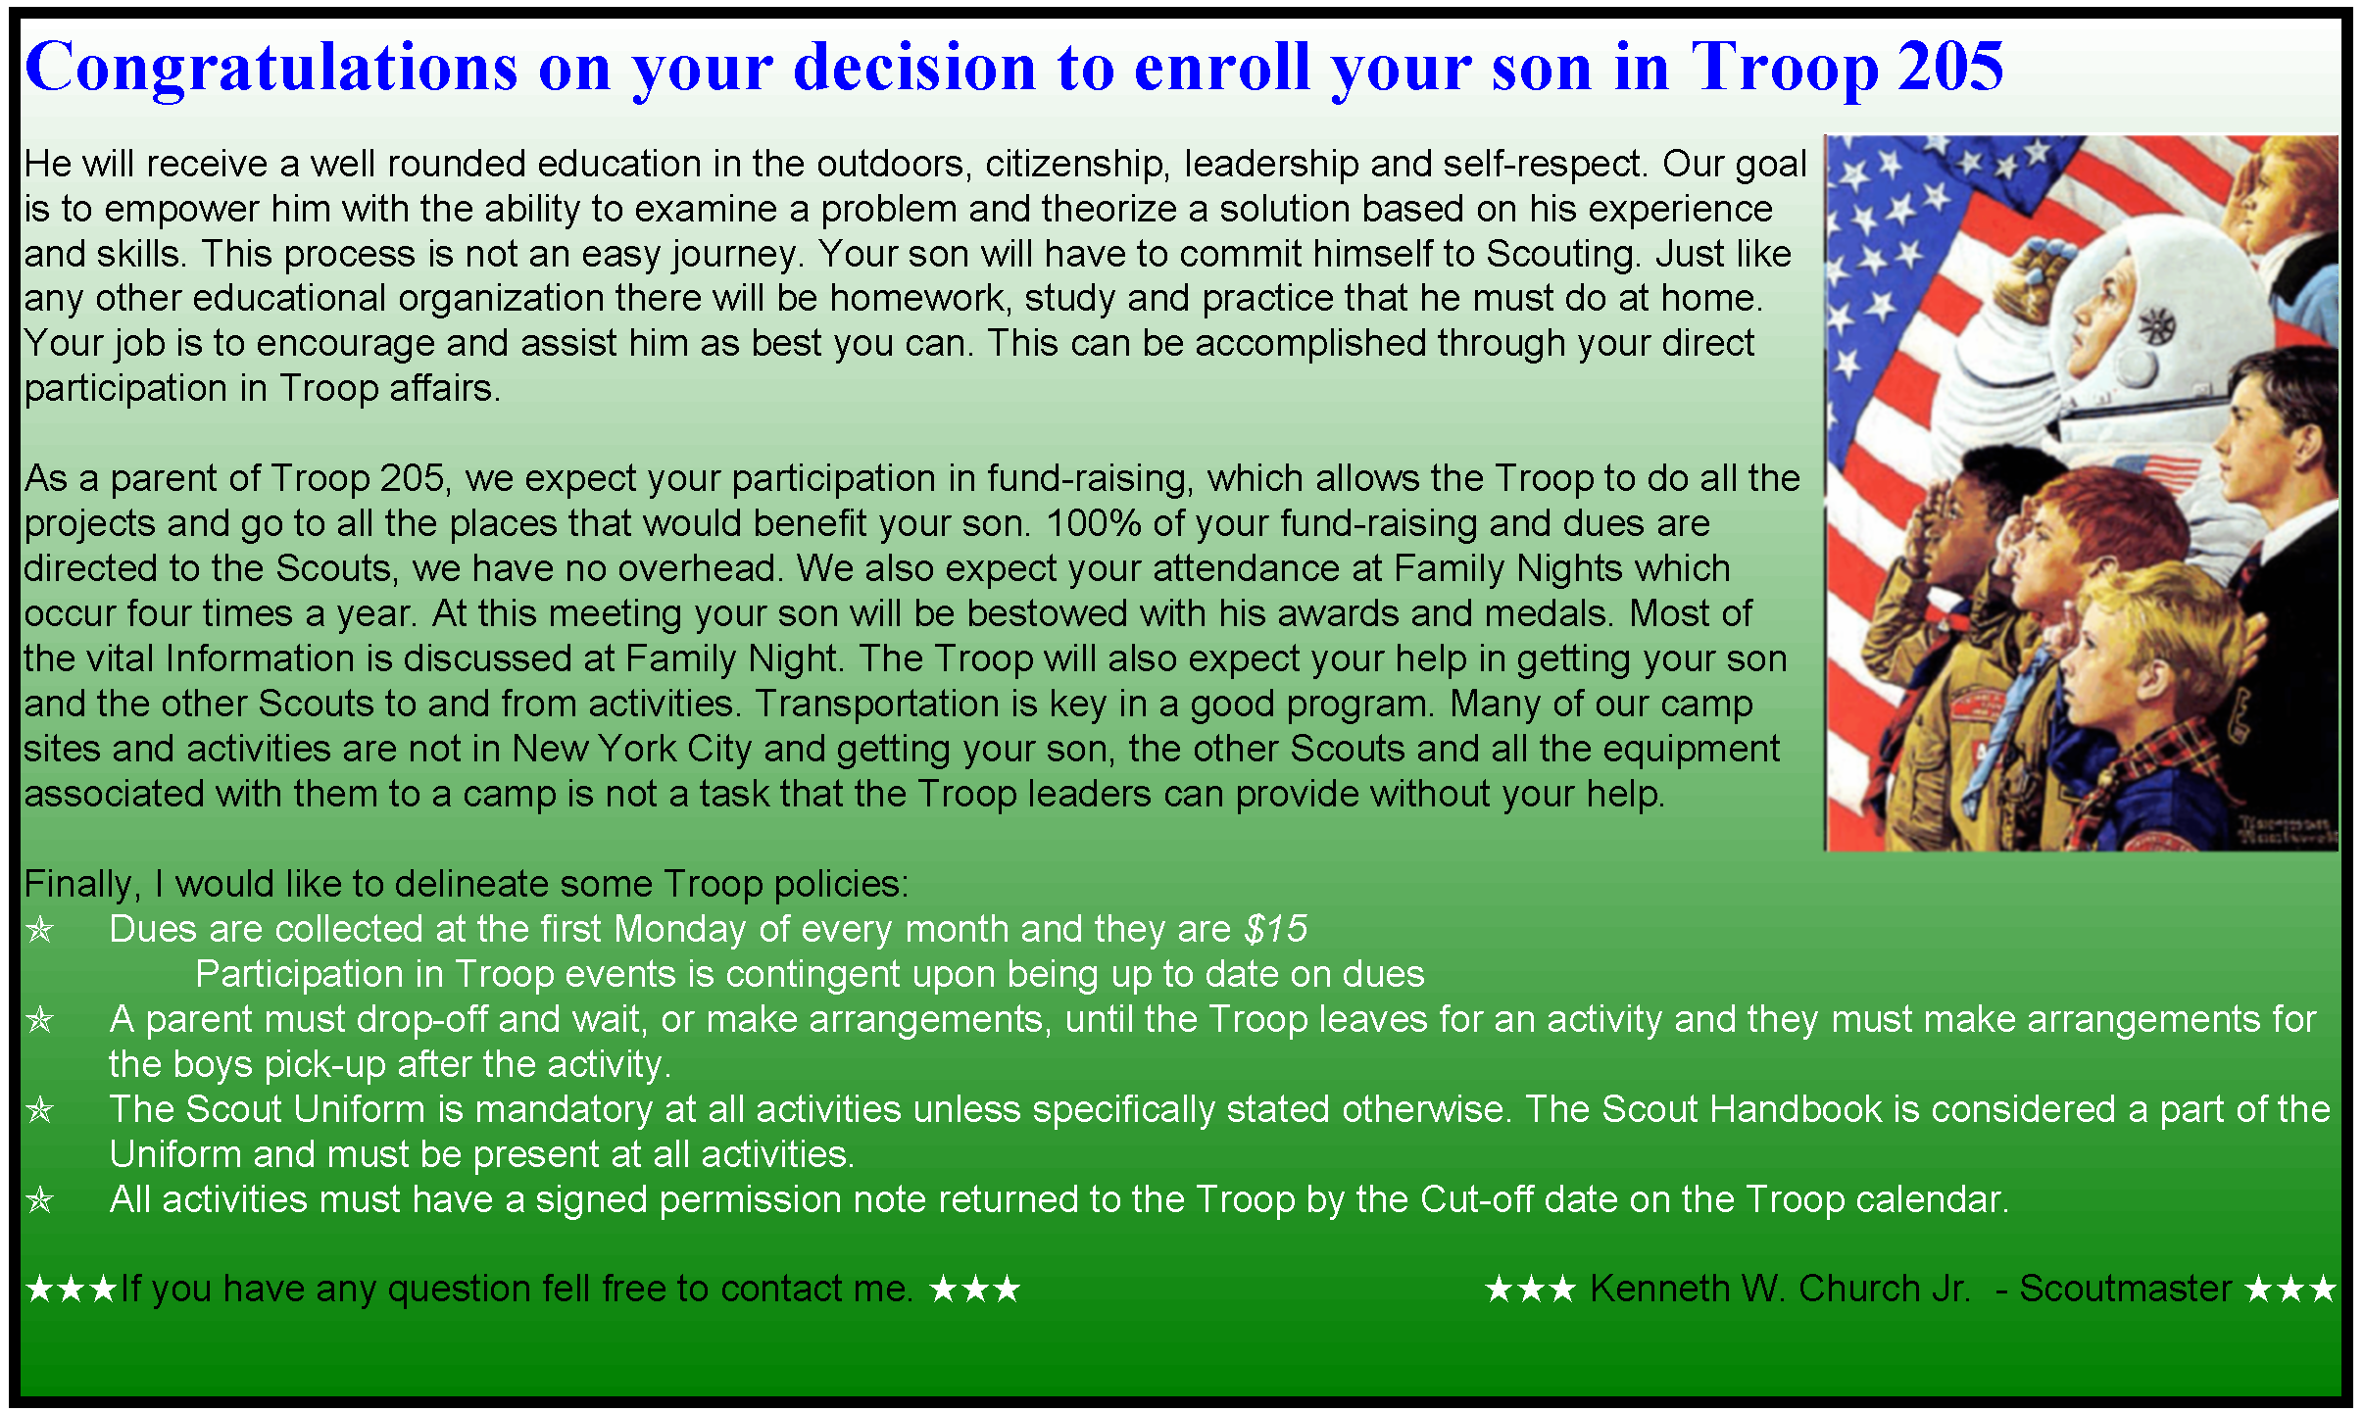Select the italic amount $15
click(x=1276, y=929)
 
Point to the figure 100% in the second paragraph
click(x=1093, y=523)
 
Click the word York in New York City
click(x=637, y=749)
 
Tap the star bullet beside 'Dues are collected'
click(x=39, y=929)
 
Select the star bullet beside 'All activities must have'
click(x=39, y=1199)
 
